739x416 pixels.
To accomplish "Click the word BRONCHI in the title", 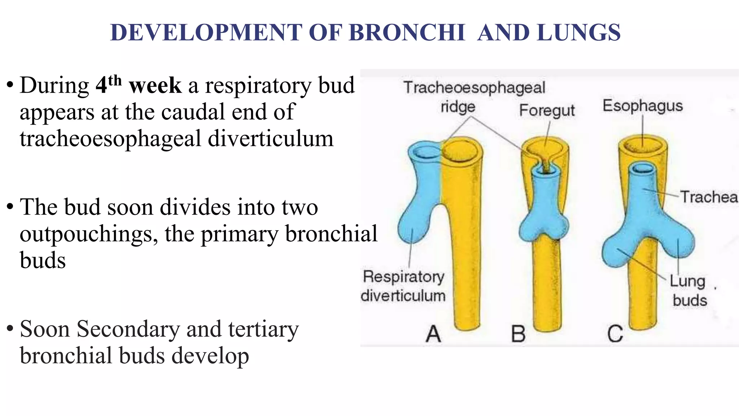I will click(407, 32).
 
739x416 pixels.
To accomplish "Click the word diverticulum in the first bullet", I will click(271, 139).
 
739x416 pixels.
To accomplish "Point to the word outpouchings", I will click(88, 234).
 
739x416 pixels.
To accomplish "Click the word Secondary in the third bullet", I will click(128, 329).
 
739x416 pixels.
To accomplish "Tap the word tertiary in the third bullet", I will click(263, 329).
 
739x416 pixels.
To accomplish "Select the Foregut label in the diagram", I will click(547, 110).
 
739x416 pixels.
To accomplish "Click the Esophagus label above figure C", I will click(643, 106).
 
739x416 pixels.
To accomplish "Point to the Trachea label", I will click(709, 197).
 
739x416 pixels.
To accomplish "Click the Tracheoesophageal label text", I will click(474, 88).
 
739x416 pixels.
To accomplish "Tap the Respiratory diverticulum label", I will click(403, 286).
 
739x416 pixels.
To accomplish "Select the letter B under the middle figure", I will click(519, 334).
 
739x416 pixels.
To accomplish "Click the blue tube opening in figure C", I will click(643, 168).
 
